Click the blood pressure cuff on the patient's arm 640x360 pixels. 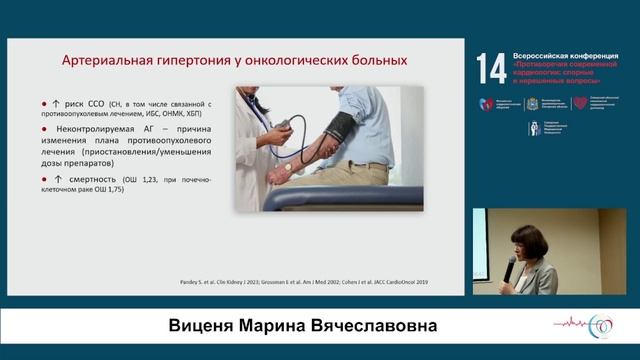[341, 127]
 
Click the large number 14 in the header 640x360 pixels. [491, 69]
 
